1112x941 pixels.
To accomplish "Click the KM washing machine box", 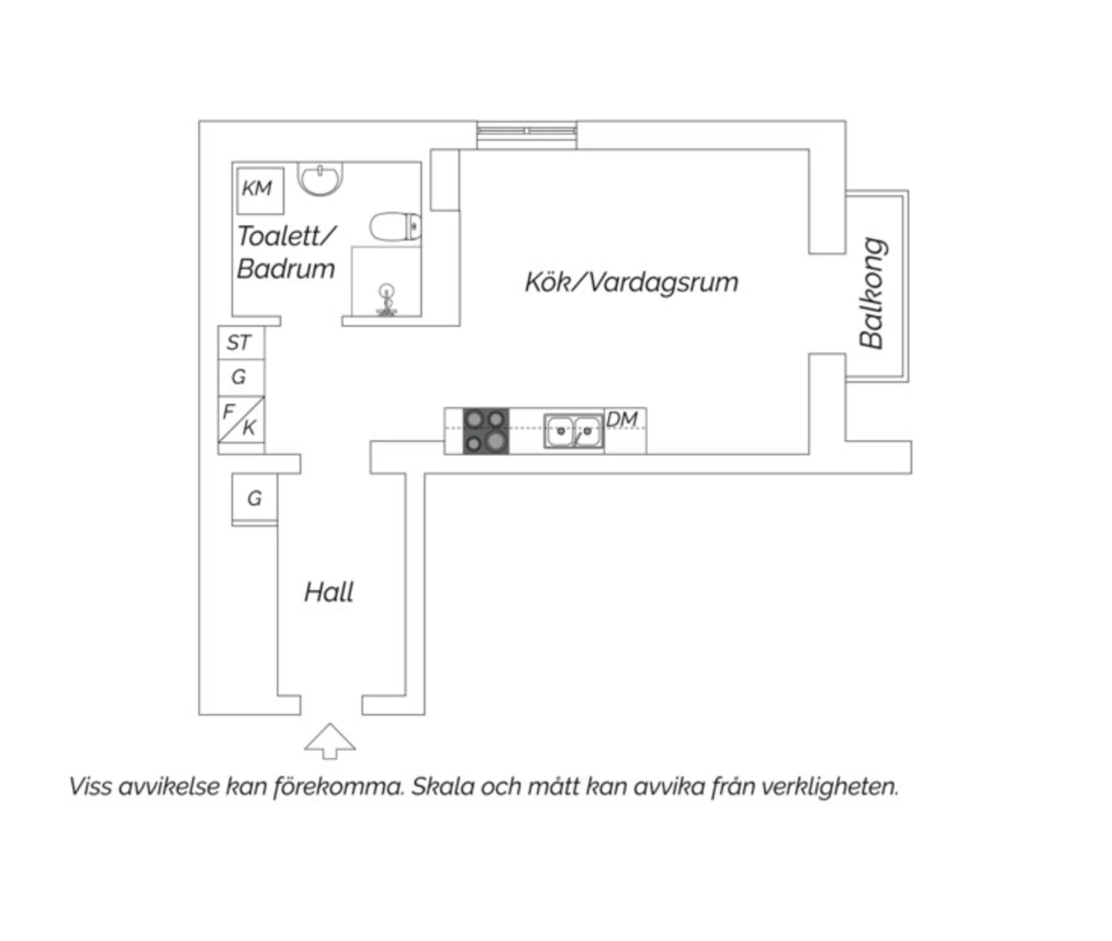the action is [260, 191].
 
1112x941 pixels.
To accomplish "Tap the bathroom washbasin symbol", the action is [320, 179].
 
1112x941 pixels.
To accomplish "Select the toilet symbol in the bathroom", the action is [395, 226].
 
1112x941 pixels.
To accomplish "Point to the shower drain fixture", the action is [386, 300].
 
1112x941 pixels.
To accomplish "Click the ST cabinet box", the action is [241, 343].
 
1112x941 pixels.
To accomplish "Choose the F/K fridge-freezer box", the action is [241, 420].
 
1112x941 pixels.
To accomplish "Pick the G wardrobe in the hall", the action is [254, 499].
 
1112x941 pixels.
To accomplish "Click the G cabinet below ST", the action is [241, 377].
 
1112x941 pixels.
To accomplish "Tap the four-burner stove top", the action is [486, 431].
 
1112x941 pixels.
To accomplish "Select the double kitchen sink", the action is [574, 431].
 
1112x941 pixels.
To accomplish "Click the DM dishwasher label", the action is [622, 420].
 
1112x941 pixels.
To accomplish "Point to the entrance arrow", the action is [330, 741].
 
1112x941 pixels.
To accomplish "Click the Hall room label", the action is [328, 593].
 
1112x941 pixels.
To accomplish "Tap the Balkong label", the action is [872, 293].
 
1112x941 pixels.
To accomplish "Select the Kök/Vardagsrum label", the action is [632, 283].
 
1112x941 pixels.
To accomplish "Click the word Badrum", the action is [285, 268].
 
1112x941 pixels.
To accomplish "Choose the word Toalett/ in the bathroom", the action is [287, 237].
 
